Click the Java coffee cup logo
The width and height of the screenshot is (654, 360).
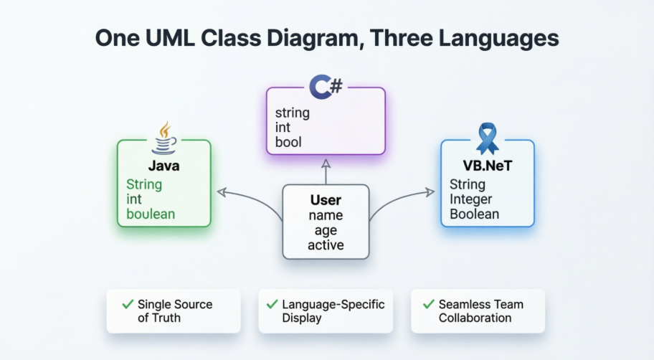(164, 138)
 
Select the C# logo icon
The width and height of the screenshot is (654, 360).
(326, 87)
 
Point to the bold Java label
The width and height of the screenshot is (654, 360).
(163, 166)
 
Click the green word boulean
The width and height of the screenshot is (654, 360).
(151, 214)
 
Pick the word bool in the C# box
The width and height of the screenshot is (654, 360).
(288, 142)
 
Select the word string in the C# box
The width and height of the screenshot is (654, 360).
(293, 113)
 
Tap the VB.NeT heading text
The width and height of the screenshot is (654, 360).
(487, 167)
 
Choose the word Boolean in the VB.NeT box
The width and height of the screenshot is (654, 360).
(474, 214)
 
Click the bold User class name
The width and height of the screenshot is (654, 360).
(326, 200)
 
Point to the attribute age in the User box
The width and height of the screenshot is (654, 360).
(326, 230)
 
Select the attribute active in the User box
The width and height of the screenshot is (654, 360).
(326, 245)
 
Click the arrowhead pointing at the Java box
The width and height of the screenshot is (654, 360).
(222, 191)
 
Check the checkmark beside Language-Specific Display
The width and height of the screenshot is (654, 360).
(272, 304)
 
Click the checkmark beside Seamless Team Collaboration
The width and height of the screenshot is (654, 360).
(429, 304)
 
